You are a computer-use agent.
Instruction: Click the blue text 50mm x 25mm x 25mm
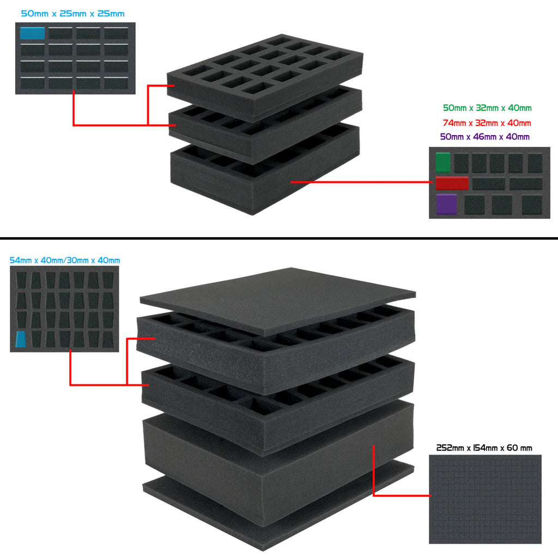[x=72, y=14]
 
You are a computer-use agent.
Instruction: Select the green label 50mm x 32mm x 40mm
[x=487, y=108]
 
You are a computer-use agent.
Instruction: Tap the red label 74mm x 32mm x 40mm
[x=487, y=123]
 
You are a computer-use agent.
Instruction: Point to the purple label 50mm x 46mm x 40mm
[x=484, y=137]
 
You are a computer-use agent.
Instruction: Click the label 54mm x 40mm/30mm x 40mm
[x=65, y=260]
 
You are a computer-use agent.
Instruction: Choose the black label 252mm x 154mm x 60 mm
[x=484, y=448]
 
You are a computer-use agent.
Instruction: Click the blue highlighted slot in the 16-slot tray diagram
[x=32, y=33]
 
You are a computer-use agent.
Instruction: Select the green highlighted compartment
[x=443, y=162]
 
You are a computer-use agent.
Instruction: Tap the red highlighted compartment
[x=452, y=183]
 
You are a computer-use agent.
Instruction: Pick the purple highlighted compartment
[x=447, y=204]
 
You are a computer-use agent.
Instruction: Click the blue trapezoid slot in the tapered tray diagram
[x=21, y=339]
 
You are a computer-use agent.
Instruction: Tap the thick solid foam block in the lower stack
[x=278, y=463]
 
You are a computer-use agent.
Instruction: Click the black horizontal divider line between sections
[x=279, y=238]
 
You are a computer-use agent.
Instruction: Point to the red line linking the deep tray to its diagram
[x=361, y=182]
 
